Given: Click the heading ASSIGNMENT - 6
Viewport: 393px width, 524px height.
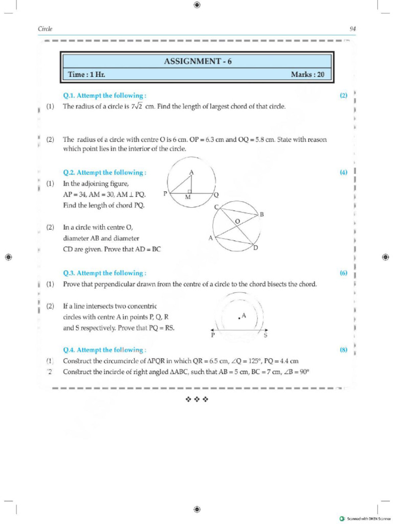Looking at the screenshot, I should click(x=197, y=61).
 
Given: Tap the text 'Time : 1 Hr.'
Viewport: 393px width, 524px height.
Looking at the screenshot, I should click(x=87, y=75).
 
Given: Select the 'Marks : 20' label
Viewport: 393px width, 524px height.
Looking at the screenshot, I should click(x=308, y=75).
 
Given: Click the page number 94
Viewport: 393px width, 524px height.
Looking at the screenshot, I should click(x=353, y=29).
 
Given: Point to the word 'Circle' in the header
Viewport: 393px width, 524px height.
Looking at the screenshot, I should click(x=46, y=29).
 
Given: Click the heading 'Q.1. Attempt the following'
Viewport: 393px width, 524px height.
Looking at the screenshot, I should click(x=105, y=95).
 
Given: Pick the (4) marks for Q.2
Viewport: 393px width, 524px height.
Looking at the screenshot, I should click(x=343, y=172).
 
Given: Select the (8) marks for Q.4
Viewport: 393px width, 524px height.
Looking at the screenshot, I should click(x=343, y=350).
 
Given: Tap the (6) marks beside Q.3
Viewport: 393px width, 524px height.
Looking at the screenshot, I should click(x=343, y=273).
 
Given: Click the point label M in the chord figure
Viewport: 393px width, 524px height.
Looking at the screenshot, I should click(x=188, y=198).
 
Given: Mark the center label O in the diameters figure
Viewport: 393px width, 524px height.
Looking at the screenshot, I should click(x=237, y=221).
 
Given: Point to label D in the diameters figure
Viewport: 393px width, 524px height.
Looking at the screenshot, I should click(x=256, y=248).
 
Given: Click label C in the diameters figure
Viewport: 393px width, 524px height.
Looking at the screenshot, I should click(x=216, y=207).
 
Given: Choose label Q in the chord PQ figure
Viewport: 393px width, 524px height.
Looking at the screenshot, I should click(x=216, y=194).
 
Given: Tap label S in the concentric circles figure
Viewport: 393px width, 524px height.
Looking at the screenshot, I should click(x=266, y=336).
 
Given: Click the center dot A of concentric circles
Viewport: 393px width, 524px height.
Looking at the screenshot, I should click(x=239, y=318).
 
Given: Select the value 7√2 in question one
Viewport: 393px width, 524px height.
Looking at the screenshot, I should click(x=135, y=106).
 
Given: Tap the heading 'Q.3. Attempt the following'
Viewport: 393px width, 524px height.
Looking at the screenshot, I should click(x=105, y=273).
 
